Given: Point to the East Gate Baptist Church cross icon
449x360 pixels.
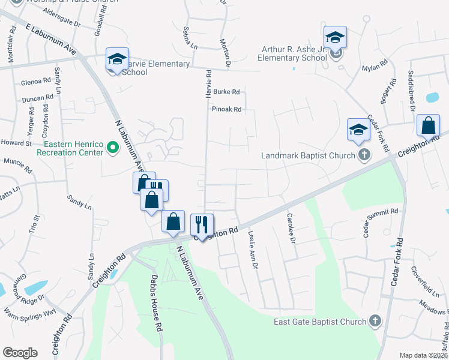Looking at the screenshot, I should pyautogui.click(x=375, y=321).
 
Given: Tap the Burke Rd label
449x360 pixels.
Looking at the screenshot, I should pyautogui.click(x=226, y=92).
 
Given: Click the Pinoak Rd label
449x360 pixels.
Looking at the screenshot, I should pyautogui.click(x=226, y=109).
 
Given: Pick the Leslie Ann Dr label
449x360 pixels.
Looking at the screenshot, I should pyautogui.click(x=253, y=250).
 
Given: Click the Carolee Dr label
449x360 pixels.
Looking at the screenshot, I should pyautogui.click(x=291, y=228).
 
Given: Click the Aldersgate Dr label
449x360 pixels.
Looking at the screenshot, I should pyautogui.click(x=60, y=20).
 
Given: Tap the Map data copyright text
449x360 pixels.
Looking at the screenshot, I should pyautogui.click(x=423, y=355).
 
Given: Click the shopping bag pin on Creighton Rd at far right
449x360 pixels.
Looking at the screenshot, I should pyautogui.click(x=429, y=126).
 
